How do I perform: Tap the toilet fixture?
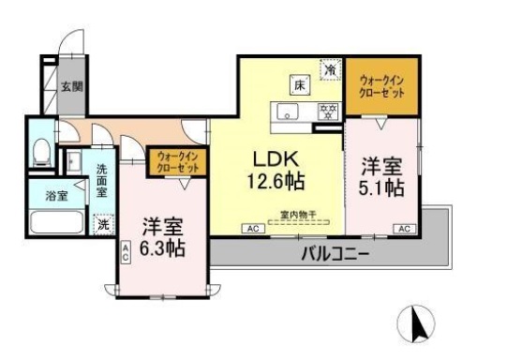41,152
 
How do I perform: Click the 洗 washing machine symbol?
104,224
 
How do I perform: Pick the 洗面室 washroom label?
102,181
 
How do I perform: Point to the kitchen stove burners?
328,112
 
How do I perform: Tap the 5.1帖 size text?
383,187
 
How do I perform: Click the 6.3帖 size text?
162,248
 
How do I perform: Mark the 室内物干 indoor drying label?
298,215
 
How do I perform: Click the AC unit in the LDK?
252,228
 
